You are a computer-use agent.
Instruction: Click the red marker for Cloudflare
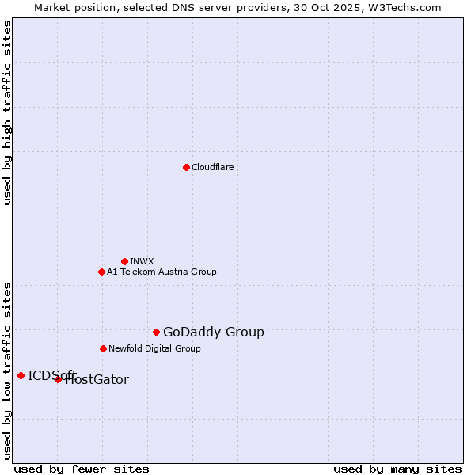[x=186, y=167]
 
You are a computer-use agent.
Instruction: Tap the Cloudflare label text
[x=213, y=167]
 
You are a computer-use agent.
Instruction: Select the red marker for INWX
[x=124, y=261]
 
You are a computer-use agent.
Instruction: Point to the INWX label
[x=142, y=261]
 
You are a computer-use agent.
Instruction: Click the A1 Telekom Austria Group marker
[x=101, y=272]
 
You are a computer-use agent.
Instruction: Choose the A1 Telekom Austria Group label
[x=161, y=272]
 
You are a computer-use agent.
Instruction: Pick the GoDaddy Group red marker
[x=156, y=332]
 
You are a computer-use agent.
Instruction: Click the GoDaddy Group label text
[x=214, y=332]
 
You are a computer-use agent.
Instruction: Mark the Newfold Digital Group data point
[x=103, y=348]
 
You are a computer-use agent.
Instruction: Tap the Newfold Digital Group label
[x=154, y=348]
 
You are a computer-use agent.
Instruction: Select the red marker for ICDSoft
[x=21, y=375]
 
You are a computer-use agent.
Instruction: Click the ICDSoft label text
[x=52, y=375]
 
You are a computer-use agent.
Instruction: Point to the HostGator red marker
[x=58, y=379]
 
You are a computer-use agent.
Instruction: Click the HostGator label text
[x=97, y=380]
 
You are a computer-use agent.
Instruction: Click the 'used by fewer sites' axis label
[x=82, y=469]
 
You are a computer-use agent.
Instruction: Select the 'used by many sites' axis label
[x=397, y=469]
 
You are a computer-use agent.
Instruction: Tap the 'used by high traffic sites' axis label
[x=8, y=112]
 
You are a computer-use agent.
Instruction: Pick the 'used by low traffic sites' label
[x=8, y=370]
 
